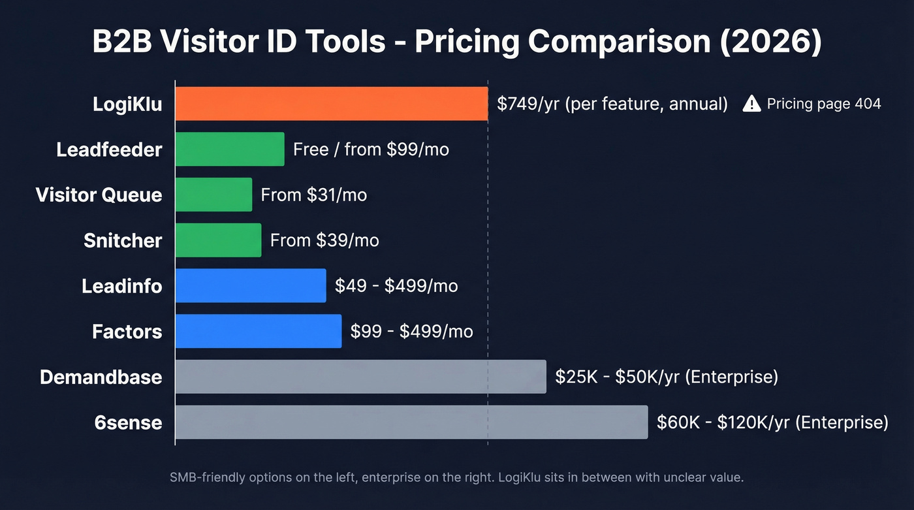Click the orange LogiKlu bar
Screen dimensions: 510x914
click(331, 104)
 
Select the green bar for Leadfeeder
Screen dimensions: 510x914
click(230, 149)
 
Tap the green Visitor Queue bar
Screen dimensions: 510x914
click(213, 195)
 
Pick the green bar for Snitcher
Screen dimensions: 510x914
click(218, 240)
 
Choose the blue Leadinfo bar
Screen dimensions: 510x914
click(251, 285)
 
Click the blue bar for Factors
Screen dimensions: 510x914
click(259, 331)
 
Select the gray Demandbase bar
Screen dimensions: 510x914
click(360, 377)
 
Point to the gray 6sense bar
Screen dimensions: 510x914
click(411, 422)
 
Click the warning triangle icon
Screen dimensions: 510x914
click(752, 104)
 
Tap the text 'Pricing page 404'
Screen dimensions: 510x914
click(824, 104)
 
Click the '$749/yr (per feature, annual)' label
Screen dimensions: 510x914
click(612, 104)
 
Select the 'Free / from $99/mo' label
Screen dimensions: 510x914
click(371, 150)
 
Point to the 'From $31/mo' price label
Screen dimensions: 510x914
click(313, 195)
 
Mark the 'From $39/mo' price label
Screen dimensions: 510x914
click(324, 240)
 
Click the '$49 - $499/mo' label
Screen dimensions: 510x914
click(396, 286)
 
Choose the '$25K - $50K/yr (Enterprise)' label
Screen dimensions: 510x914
click(666, 377)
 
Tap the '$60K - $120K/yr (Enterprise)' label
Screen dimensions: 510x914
click(772, 422)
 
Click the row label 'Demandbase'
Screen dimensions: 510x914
click(101, 377)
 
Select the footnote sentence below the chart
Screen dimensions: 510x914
click(456, 477)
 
